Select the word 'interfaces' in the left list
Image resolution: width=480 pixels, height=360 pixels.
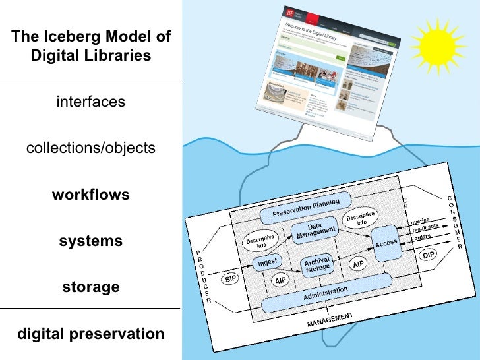pos(90,102)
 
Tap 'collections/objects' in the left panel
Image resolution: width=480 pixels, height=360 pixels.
pos(90,148)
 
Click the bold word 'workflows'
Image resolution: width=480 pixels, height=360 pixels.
pos(90,195)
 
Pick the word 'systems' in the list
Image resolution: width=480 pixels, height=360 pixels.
pos(90,241)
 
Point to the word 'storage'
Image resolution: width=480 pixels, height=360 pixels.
pos(90,287)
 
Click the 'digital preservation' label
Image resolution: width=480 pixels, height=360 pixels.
pos(90,334)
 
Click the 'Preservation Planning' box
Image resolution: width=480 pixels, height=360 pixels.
pos(306,208)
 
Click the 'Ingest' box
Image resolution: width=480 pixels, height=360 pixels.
pos(267,262)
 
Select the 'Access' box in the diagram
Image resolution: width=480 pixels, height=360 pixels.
pos(386,243)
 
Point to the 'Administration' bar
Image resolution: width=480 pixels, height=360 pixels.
pos(324,295)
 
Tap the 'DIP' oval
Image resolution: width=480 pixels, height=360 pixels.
pos(429,255)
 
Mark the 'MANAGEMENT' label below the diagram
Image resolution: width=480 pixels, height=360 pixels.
pos(330,320)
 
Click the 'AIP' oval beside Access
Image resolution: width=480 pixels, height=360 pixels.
pos(359,264)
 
